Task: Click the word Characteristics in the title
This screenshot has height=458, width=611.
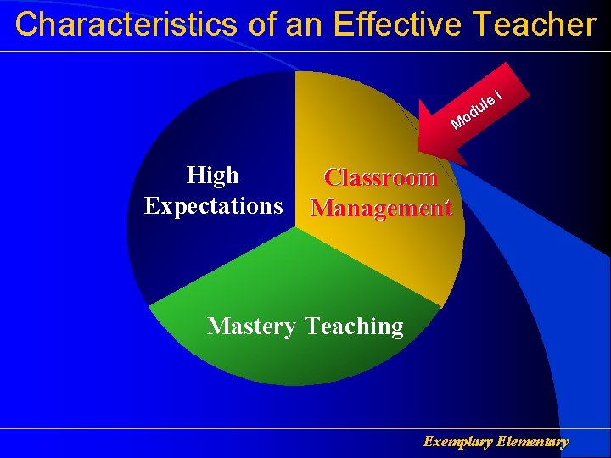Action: coord(127,25)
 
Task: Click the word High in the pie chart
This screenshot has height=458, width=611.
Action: coord(213,176)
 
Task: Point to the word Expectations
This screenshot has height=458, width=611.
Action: coord(213,205)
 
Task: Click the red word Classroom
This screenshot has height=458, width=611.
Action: coord(380,178)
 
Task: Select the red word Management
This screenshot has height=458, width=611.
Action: coord(380,208)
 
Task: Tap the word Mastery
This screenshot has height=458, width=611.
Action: coord(251,327)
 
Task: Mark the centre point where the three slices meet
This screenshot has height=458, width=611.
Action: coord(295,228)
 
